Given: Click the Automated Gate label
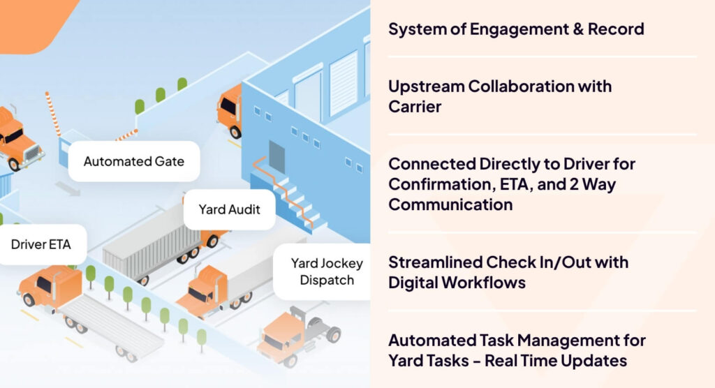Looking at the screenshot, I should coord(134,161).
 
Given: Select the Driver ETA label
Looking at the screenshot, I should coord(40,244).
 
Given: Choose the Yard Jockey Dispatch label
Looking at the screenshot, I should coord(322,271).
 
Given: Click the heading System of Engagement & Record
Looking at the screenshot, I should coord(516,29).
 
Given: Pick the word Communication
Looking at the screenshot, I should coord(450,204).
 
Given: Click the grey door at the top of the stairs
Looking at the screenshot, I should coord(277,156).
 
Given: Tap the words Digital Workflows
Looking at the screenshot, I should coord(457,283).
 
